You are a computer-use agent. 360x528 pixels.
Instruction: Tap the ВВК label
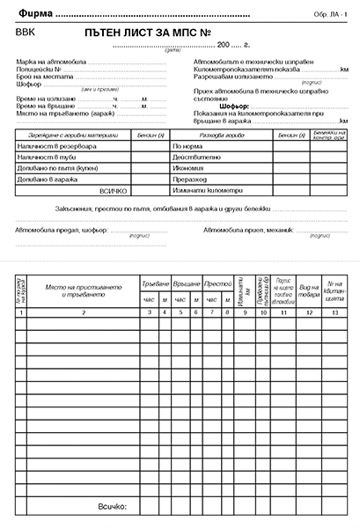[26, 32]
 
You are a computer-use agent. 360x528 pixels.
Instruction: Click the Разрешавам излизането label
[231, 77]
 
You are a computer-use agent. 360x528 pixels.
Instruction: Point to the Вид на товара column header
[309, 291]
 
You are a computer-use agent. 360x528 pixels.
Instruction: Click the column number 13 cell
[334, 312]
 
